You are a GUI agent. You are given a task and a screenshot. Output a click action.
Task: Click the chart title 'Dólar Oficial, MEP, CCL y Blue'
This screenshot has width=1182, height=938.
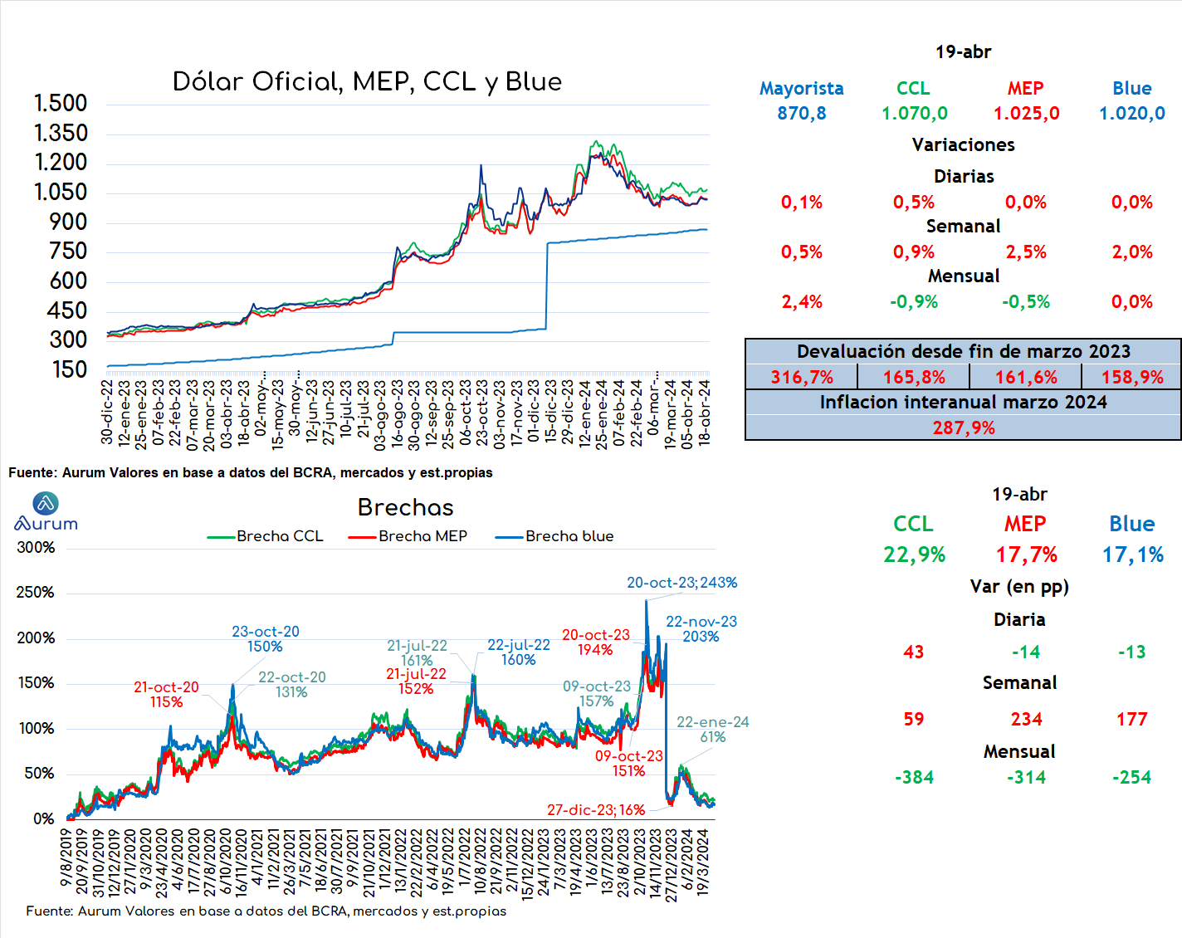click(x=367, y=82)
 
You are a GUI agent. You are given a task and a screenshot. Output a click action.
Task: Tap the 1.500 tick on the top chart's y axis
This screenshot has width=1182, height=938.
click(x=61, y=103)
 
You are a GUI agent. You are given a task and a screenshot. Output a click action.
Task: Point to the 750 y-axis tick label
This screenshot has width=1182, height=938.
click(x=68, y=252)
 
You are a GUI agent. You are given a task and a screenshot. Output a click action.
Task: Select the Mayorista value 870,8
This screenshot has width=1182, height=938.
click(x=801, y=113)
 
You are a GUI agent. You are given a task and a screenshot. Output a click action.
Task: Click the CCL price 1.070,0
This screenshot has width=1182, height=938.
click(x=915, y=113)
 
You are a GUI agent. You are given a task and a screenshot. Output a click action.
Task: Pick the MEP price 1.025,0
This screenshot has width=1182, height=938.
click(x=1026, y=113)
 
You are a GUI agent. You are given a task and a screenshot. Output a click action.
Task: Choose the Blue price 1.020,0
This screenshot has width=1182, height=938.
click(x=1132, y=113)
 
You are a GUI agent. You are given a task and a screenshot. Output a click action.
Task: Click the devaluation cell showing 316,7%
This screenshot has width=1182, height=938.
click(x=802, y=378)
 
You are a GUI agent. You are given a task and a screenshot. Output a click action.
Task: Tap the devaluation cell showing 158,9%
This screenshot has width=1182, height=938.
click(x=1132, y=378)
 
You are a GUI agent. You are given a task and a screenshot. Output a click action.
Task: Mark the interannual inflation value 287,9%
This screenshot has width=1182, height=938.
click(x=964, y=427)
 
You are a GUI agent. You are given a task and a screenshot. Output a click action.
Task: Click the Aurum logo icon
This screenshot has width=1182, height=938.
click(x=46, y=503)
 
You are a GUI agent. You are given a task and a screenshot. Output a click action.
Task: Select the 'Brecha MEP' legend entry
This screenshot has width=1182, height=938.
click(x=408, y=536)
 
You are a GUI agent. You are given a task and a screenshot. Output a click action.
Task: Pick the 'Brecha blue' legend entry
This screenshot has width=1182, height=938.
click(x=554, y=536)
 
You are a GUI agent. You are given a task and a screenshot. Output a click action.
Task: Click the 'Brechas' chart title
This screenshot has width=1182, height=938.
click(x=405, y=507)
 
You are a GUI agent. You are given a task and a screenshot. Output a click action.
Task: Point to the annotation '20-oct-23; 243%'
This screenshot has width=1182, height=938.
click(x=681, y=583)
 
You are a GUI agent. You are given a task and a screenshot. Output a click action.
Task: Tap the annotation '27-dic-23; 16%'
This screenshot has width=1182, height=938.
click(x=596, y=810)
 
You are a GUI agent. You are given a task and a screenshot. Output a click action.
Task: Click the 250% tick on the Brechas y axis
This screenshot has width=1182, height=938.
click(x=36, y=593)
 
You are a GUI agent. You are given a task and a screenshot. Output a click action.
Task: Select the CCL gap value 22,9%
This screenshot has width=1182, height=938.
click(x=914, y=555)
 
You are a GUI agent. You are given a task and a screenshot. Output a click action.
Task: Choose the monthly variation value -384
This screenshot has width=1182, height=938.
click(x=914, y=778)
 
